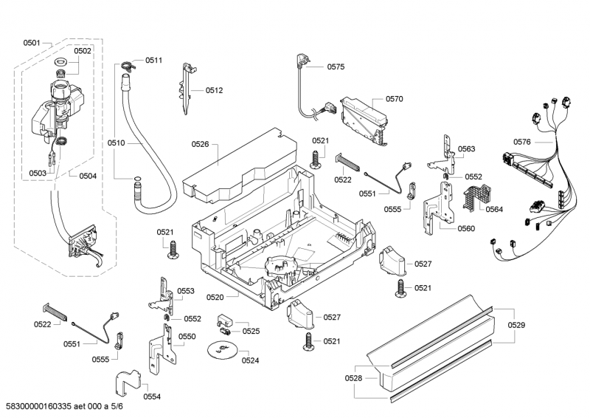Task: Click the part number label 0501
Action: coord(31,43)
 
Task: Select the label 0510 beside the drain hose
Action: coord(117,142)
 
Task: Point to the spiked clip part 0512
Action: coord(186,87)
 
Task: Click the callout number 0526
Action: coord(201,145)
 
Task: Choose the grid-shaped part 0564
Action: coord(475,196)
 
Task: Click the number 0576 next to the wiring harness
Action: coord(522,142)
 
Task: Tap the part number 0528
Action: coord(355,377)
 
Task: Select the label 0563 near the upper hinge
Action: coord(466,149)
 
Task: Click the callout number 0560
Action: coord(466,228)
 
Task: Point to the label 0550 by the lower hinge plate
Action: coord(187,336)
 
